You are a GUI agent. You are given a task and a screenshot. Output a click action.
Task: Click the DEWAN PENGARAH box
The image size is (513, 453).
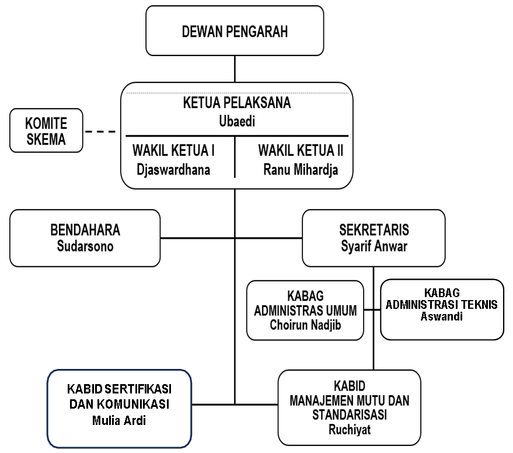235,31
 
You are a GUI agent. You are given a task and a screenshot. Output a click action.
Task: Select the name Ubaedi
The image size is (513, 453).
237,121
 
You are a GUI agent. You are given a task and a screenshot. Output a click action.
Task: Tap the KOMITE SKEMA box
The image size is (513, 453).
46,130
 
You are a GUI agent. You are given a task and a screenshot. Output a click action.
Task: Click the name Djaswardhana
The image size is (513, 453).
173,170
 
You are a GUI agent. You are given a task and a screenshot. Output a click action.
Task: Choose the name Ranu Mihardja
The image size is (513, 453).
301,170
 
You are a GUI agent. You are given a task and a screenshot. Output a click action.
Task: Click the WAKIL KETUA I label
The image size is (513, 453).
173,151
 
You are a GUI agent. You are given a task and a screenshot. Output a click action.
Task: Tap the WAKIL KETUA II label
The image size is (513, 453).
301,151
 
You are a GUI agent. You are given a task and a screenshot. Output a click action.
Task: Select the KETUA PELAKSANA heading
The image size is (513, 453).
237,103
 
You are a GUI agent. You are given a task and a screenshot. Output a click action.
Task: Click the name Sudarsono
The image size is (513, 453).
85,245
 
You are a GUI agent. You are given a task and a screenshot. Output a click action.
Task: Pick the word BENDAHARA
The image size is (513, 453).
85,229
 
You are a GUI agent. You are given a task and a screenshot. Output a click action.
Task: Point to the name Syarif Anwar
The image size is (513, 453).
374,245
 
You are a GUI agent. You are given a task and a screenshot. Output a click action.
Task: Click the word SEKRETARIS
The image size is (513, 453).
374,229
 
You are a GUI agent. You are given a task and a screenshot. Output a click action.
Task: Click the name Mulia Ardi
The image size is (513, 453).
119,419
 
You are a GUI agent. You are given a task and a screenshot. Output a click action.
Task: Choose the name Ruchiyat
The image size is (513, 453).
350,429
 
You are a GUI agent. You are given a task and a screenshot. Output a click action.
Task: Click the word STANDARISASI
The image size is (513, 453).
350,415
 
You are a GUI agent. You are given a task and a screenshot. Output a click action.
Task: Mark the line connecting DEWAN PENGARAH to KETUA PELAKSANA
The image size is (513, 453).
235,69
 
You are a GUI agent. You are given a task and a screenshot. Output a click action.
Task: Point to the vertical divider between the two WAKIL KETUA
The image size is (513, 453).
235,156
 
